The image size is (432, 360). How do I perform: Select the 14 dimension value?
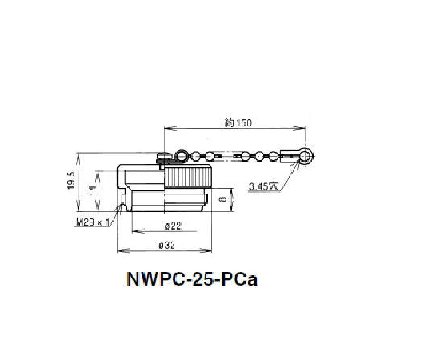pyautogui.click(x=93, y=191)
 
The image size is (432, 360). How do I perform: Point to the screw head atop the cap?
pyautogui.click(x=164, y=158)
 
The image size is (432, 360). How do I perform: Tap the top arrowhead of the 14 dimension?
pyautogui.click(x=97, y=171)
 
